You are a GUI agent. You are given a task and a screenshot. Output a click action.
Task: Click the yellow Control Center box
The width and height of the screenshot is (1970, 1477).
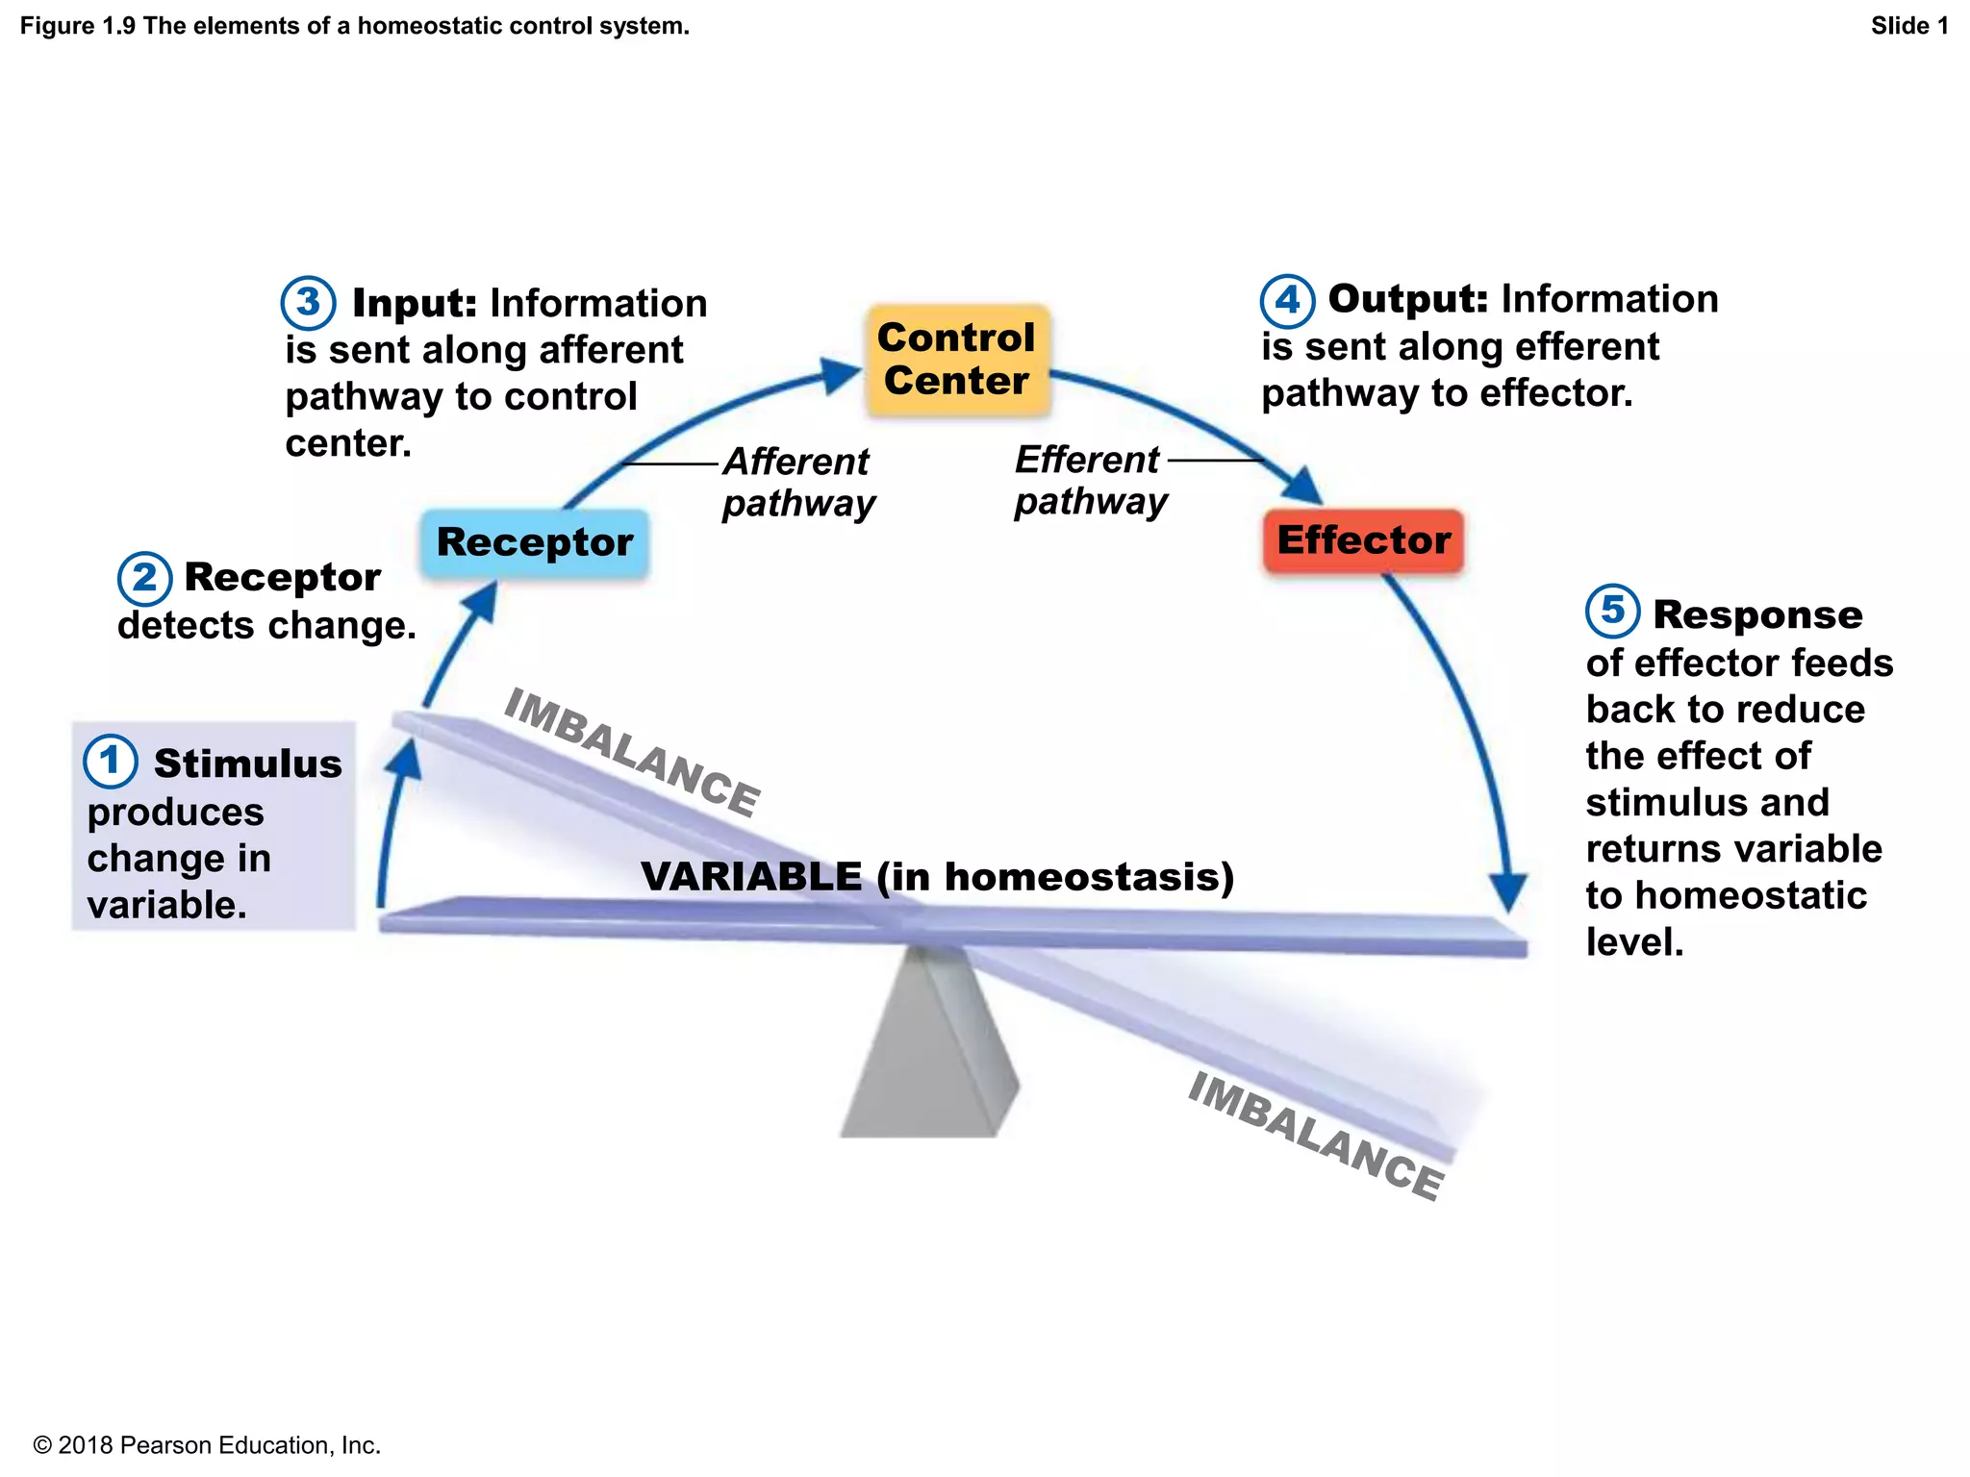(x=957, y=360)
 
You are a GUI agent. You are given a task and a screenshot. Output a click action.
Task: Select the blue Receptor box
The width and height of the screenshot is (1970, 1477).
(x=535, y=542)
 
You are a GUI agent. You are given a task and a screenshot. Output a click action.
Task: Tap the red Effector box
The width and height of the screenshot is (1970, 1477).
(x=1363, y=540)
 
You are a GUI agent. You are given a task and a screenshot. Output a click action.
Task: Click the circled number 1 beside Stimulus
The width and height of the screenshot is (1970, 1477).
(x=110, y=761)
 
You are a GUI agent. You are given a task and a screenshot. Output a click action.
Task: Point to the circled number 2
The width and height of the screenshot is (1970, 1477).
(x=144, y=578)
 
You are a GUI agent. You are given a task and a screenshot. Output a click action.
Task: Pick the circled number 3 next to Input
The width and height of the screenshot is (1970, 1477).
(x=308, y=302)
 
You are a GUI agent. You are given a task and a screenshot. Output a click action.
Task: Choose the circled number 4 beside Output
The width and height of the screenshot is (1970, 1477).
(x=1287, y=300)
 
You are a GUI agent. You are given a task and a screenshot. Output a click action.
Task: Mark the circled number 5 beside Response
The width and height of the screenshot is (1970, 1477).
(x=1612, y=611)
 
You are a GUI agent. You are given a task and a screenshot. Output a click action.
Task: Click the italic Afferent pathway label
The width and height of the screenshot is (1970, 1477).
(x=798, y=482)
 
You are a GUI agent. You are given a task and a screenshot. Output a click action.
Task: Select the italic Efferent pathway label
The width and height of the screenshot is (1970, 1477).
(x=1091, y=480)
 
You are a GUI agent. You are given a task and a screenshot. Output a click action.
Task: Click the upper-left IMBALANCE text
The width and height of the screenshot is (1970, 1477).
(x=632, y=752)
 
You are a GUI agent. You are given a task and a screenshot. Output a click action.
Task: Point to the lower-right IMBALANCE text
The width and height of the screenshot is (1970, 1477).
(x=1315, y=1136)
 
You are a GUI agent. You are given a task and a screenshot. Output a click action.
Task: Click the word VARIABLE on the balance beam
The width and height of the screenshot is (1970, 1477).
(x=751, y=876)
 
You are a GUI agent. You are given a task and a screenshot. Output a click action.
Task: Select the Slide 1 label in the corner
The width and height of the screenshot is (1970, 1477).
(x=1908, y=26)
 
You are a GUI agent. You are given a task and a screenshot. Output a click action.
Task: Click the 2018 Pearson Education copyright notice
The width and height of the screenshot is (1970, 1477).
(x=207, y=1445)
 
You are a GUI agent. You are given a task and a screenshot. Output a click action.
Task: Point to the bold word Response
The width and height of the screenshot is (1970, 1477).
(x=1757, y=614)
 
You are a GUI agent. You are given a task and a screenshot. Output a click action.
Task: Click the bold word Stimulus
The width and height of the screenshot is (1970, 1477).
(x=247, y=764)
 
